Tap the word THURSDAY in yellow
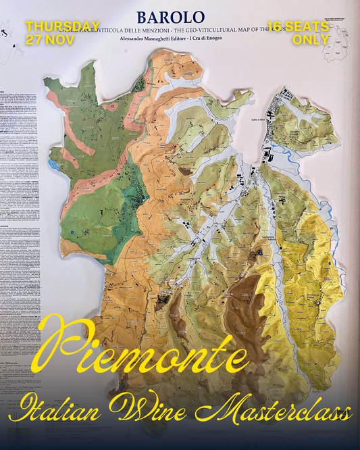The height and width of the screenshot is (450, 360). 63,26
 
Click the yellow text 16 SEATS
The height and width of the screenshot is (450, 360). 298,26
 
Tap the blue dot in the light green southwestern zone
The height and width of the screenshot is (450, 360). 72,232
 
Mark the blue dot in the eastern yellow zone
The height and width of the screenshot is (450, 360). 329,263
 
